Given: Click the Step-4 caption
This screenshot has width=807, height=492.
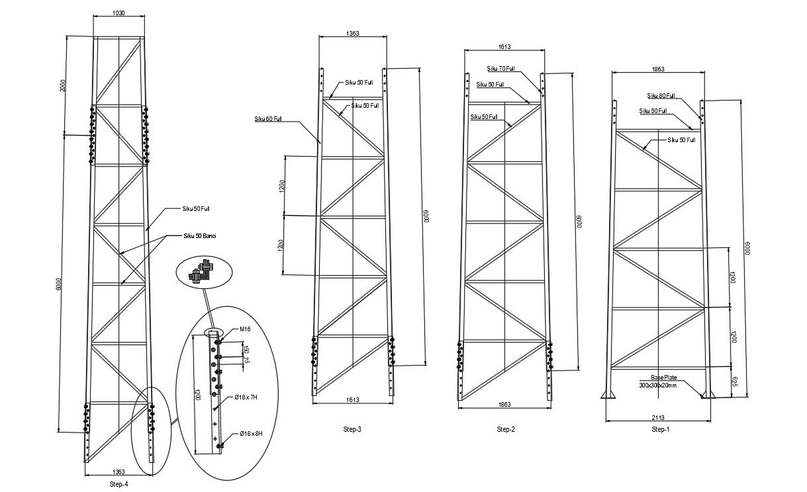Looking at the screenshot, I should coord(119,484).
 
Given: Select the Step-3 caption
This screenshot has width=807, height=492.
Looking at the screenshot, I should coord(352,430).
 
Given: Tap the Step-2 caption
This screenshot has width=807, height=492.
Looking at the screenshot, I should coord(506,430).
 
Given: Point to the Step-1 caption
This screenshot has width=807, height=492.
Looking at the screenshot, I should coord(660,430).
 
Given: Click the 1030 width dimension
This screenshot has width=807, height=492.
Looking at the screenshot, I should coord(119,13).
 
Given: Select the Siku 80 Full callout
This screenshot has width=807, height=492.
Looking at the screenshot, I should coord(661,95).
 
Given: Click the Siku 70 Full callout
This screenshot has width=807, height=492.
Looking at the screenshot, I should coord(501,69).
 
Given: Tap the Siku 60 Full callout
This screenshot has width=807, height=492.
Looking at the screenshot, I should coord(268,119).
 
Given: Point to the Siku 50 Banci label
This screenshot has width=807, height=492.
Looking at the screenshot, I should coord(199,235).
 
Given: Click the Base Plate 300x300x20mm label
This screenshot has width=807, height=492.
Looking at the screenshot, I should coord(657,382).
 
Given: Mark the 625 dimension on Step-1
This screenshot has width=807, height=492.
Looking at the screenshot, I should coord(732,382).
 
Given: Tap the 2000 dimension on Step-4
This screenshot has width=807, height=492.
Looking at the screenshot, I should coord(64,85).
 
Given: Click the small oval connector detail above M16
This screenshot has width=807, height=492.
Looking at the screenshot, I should coord(205,272).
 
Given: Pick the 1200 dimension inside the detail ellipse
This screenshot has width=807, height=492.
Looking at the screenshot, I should coord(197,395).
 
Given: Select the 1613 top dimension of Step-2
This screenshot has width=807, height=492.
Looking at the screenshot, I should coord(504,47).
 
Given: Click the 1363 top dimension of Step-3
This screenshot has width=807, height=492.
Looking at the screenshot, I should coord(352,33).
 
